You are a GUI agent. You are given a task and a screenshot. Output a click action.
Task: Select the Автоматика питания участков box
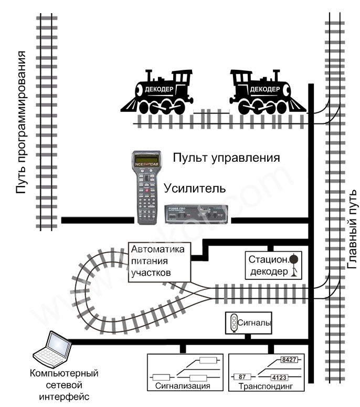coord(158,261)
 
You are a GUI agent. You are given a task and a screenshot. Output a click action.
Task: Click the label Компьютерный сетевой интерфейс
coord(64,385)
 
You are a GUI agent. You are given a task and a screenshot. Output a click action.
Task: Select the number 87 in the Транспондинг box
coord(242,377)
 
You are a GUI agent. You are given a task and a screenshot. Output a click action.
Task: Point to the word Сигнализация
coord(183,387)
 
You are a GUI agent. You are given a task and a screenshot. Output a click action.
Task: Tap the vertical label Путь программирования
coord(21,122)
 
